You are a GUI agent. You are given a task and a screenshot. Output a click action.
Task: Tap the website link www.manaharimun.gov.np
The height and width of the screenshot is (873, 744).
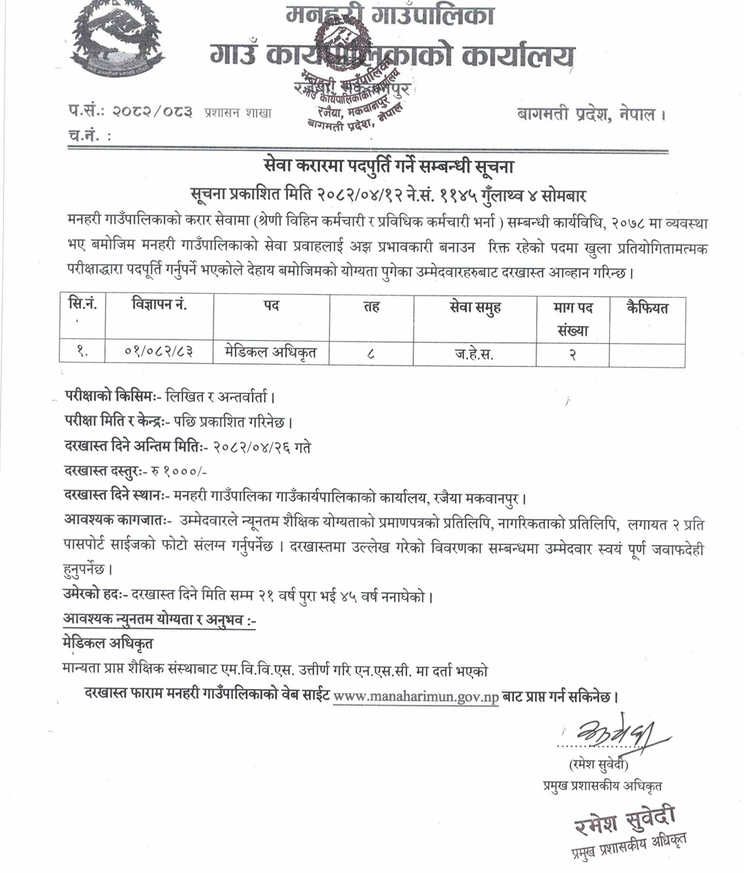coord(416,698)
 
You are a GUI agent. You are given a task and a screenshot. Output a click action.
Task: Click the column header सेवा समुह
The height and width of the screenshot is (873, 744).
coord(475,308)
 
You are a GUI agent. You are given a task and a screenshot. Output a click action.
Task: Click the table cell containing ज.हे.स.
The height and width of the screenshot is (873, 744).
coord(474,354)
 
